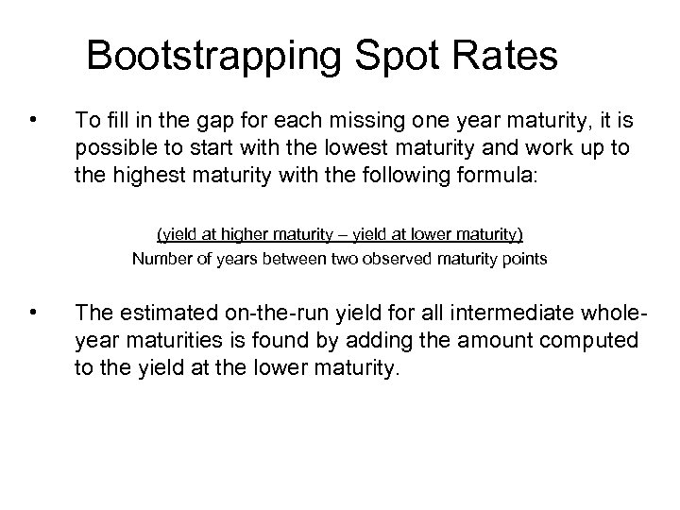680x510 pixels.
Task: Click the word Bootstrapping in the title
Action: (218, 57)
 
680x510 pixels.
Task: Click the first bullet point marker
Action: (34, 120)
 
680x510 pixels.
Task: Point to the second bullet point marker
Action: (34, 309)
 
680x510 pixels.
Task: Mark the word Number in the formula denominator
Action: (161, 257)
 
